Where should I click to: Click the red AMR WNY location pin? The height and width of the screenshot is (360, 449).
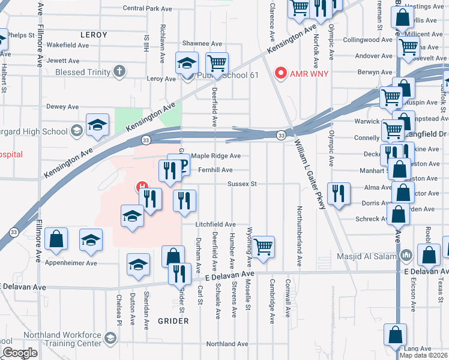click(x=280, y=73)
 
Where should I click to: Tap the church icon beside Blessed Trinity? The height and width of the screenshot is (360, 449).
click(x=119, y=72)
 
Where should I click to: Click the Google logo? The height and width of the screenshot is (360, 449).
click(x=20, y=353)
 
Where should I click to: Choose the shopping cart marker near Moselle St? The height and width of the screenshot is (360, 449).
click(x=263, y=246)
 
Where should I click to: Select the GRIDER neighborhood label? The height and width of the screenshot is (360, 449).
click(x=173, y=321)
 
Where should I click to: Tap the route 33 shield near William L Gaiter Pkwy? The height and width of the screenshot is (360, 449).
click(x=281, y=136)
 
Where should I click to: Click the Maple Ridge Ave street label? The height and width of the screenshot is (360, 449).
click(x=216, y=156)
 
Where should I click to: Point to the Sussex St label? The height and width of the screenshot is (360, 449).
click(x=241, y=184)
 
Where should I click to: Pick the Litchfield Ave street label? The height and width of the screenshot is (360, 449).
click(x=215, y=224)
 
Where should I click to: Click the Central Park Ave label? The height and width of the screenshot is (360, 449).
click(x=147, y=8)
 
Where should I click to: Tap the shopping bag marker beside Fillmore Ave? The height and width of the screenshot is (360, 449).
click(x=56, y=239)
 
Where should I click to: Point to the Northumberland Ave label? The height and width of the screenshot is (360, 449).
click(x=299, y=237)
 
